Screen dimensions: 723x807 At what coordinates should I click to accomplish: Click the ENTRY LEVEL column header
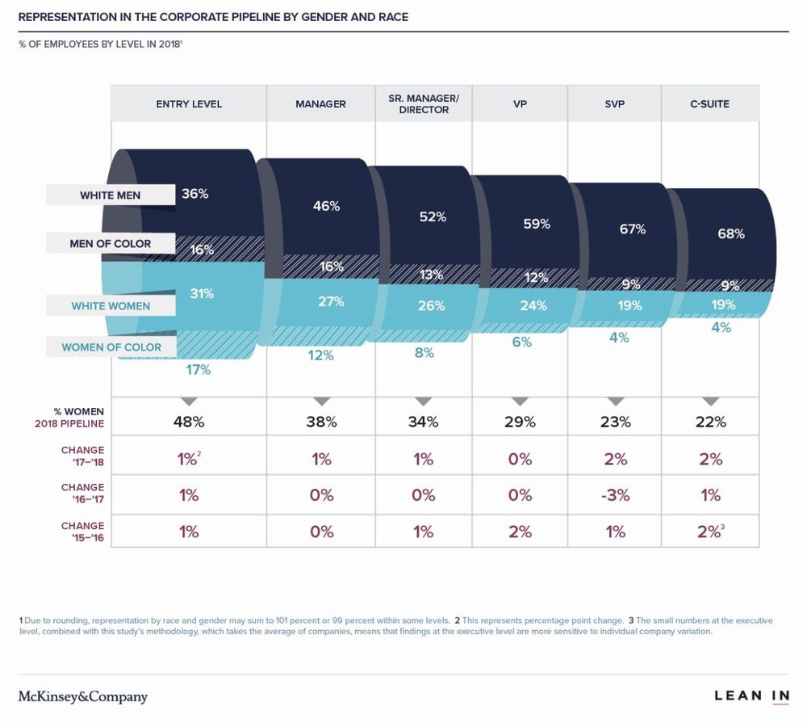pos(189,104)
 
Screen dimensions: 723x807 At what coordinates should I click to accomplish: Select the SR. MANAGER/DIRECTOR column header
pos(424,104)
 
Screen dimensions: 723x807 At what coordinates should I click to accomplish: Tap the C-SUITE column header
pos(710,104)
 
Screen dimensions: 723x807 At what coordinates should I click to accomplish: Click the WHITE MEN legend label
pos(109,195)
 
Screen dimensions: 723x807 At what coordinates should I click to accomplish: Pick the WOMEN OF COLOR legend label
pos(111,347)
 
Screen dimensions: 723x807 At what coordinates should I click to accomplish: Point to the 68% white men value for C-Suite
pos(730,234)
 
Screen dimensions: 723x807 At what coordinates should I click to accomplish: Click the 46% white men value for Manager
pos(326,206)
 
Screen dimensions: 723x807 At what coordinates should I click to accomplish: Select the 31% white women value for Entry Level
pos(201,294)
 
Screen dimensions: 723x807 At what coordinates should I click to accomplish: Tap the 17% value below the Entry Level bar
pos(198,370)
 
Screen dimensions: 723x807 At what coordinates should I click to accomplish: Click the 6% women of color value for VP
pos(521,342)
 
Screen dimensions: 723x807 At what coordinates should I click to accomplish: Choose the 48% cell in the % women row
pos(188,422)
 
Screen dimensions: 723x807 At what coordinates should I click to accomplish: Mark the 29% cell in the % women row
pos(520,422)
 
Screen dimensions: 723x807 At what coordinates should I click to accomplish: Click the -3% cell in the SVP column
pos(615,495)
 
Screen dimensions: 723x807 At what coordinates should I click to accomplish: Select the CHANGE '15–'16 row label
pos(82,532)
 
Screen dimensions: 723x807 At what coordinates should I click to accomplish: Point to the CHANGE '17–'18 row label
pos(82,456)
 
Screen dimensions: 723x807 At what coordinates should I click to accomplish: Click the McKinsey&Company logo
pos(83,696)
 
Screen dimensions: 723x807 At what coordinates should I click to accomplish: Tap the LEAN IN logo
pos(751,696)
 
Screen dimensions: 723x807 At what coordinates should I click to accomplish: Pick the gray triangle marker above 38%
pos(322,401)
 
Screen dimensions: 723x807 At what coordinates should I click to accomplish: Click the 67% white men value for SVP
pos(632,229)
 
